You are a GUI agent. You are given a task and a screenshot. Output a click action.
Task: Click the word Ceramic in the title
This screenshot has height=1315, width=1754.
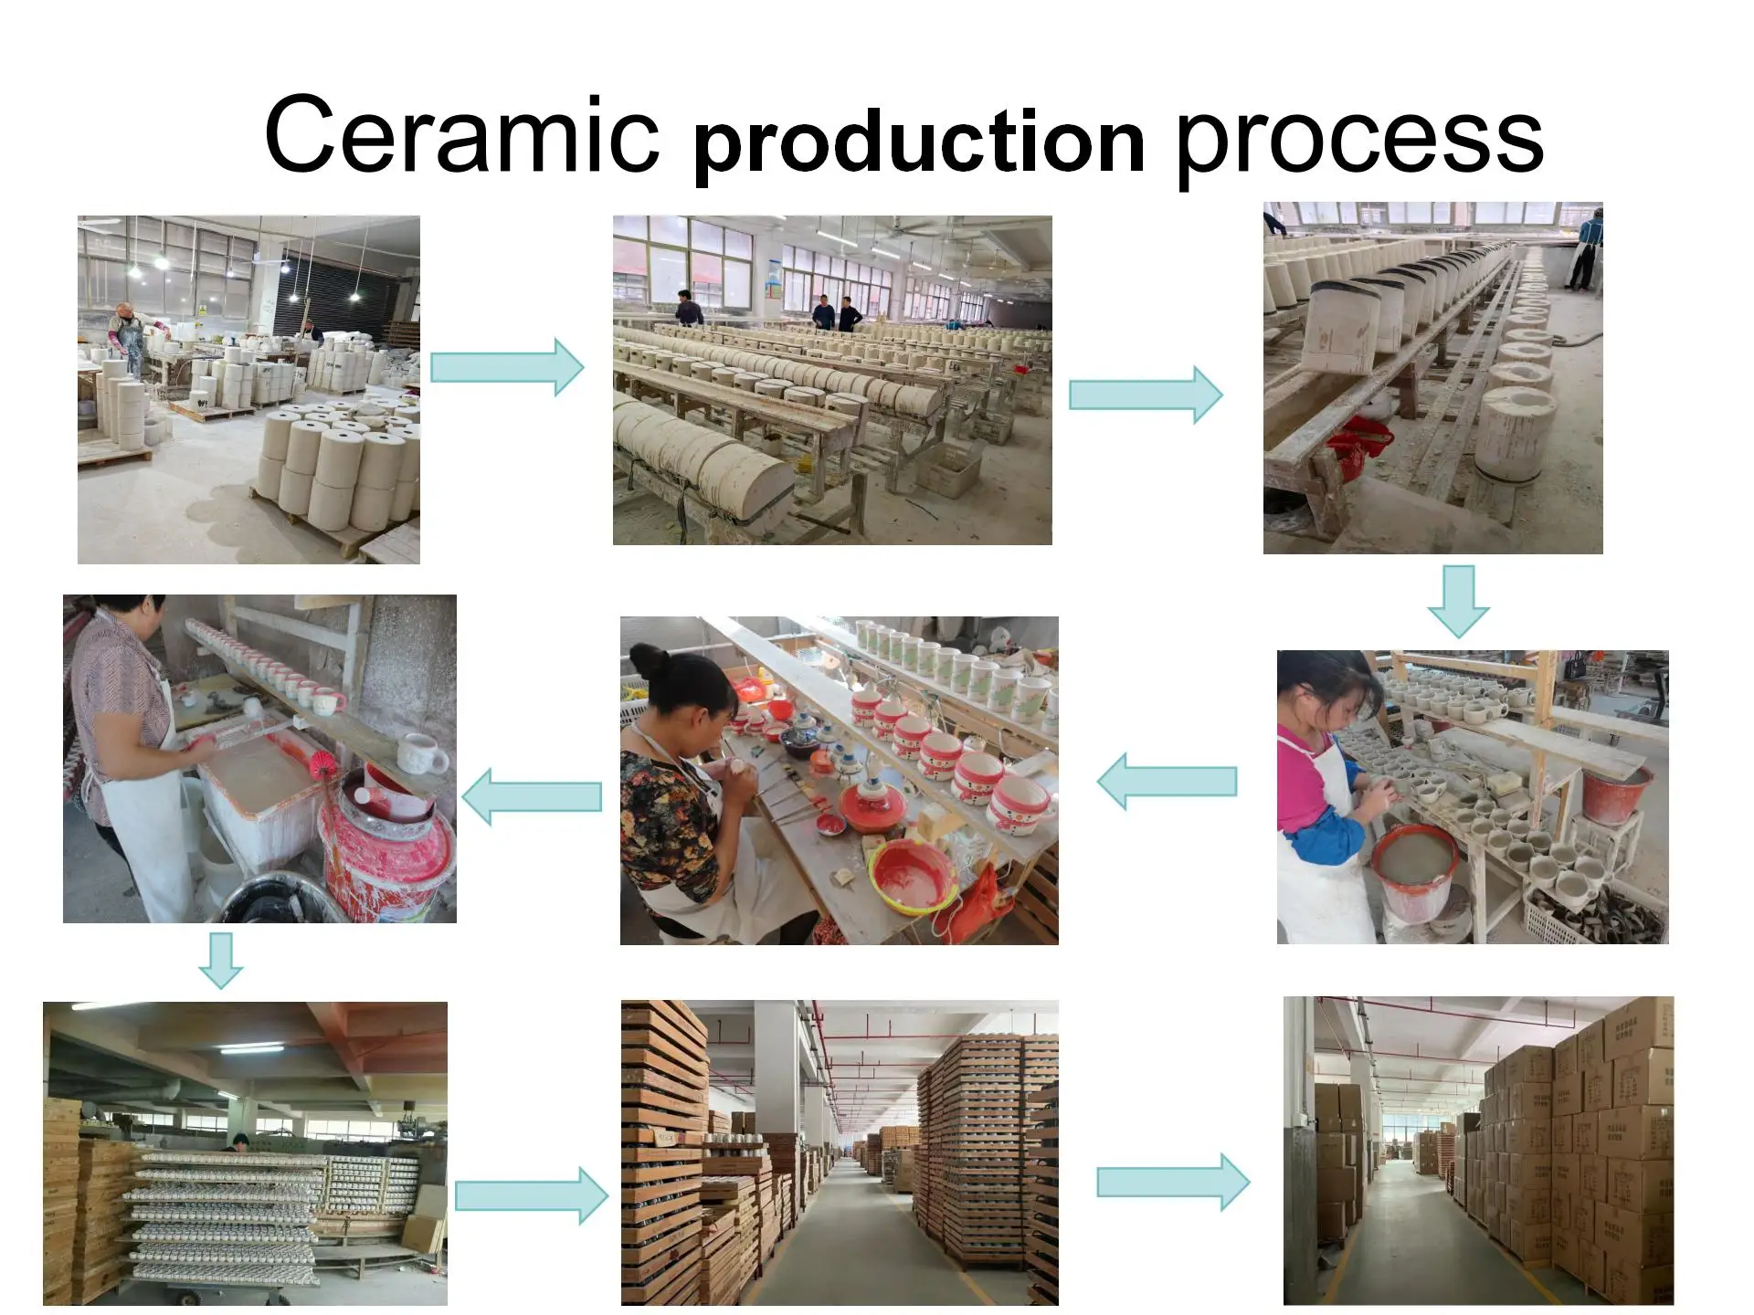[x=461, y=135]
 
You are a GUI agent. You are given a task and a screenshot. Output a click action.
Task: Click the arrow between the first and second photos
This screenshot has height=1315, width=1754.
[x=507, y=367]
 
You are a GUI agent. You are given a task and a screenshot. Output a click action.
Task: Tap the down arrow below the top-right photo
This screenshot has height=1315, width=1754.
[x=1458, y=601]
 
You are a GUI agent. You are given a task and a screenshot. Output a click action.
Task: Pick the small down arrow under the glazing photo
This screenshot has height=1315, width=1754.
[x=221, y=960]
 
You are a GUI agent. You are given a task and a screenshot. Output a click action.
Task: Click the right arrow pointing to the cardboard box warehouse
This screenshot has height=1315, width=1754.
[x=1173, y=1182]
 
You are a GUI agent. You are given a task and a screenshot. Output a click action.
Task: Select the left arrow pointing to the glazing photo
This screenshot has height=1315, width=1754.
[x=532, y=796]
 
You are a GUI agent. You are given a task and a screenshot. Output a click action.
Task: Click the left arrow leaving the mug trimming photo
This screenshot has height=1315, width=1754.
[x=1167, y=781]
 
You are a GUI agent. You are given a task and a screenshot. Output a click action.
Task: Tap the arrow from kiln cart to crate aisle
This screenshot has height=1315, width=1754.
[x=531, y=1195]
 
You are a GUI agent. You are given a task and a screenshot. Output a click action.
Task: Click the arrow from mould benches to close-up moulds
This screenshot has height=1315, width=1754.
[x=1146, y=394]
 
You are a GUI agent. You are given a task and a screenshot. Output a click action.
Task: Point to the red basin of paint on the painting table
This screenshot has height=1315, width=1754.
[x=912, y=874]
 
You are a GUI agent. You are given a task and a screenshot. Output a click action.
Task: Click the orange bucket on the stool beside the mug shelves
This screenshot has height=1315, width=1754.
[x=1617, y=794]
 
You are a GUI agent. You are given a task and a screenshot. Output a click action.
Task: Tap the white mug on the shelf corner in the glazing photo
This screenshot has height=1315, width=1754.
[x=422, y=754]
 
